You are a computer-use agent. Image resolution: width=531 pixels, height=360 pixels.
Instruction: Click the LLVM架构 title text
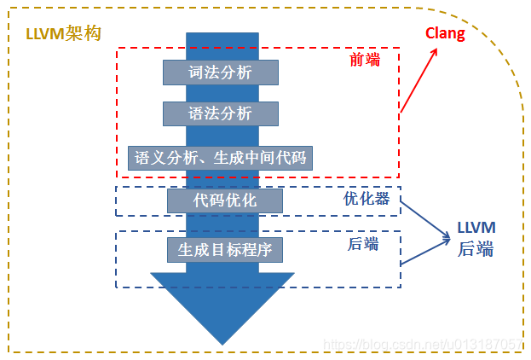pos(64,33)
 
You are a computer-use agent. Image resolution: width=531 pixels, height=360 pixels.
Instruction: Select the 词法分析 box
pos(221,73)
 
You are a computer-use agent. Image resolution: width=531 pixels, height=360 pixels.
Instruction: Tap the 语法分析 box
pos(221,113)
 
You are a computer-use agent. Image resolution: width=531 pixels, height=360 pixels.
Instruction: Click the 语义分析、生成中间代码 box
pos(221,158)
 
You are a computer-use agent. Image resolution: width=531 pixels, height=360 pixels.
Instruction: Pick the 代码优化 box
pos(224,200)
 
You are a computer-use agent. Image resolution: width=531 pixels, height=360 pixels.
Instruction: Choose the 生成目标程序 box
pos(224,250)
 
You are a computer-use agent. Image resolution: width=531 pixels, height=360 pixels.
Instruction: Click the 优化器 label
pos(366,198)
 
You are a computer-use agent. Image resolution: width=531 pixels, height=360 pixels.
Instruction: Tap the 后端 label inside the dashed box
pos(362,244)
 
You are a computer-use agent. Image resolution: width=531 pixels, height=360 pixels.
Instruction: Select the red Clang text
pos(446,34)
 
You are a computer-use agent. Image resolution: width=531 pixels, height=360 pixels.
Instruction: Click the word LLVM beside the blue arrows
pos(476,228)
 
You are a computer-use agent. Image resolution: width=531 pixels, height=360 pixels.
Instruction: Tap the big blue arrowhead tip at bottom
pos(222,340)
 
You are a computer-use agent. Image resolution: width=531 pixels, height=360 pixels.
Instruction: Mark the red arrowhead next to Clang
pos(436,51)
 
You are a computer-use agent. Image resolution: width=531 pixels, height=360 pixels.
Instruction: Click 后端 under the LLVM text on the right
pos(476,249)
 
